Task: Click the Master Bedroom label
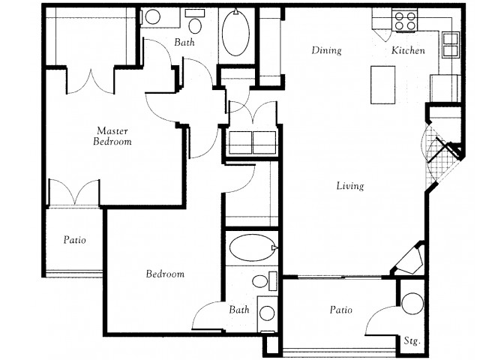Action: (x=112, y=136)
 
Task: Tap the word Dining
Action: (x=326, y=50)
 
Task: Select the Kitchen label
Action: (x=408, y=50)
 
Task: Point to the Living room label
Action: (x=350, y=186)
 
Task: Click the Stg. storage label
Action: (x=412, y=341)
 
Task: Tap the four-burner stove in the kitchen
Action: (x=405, y=20)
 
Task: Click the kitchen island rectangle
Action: (x=382, y=85)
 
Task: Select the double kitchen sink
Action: (x=450, y=45)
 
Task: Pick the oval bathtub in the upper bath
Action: (x=235, y=32)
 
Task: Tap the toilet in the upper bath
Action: (x=195, y=22)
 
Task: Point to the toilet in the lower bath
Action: (x=264, y=281)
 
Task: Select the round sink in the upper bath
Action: (x=153, y=16)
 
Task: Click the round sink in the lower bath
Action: (x=267, y=313)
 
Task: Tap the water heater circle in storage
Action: (x=412, y=303)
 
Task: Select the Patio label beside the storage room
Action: (x=341, y=310)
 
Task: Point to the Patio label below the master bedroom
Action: (x=75, y=239)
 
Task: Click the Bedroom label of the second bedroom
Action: (x=165, y=273)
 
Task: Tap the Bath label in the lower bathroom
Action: (x=239, y=310)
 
